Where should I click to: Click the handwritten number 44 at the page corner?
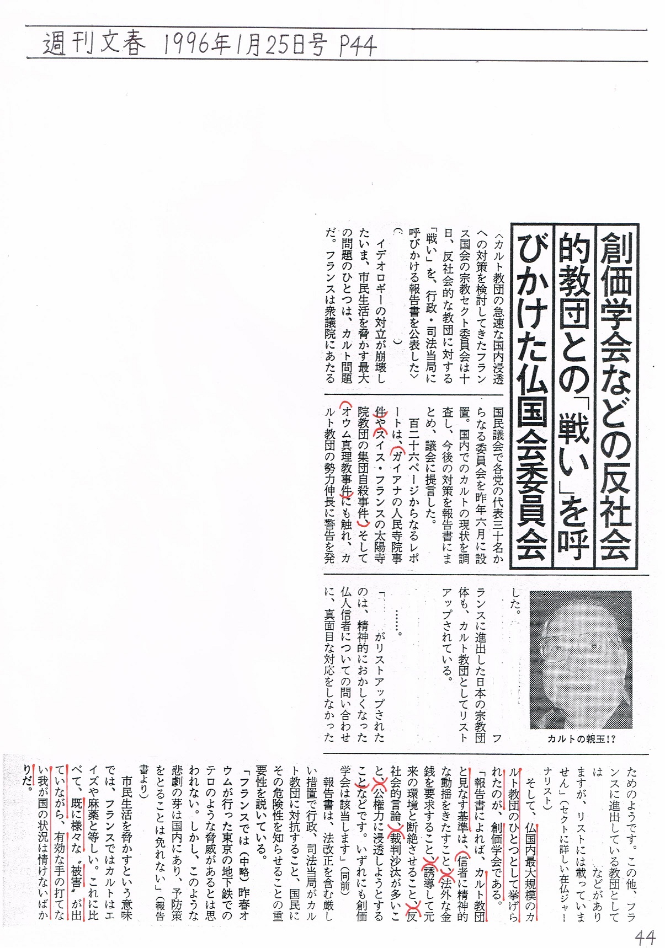coord(644,936)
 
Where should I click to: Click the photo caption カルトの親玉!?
coord(581,738)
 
